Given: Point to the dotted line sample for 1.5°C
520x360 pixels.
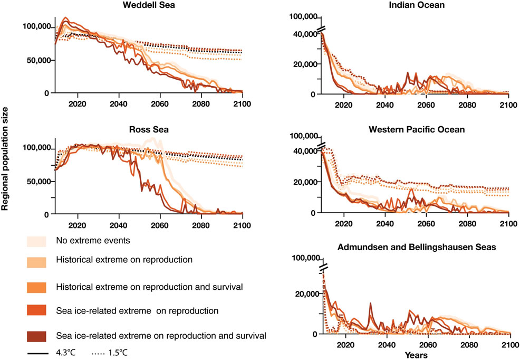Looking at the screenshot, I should [89, 350].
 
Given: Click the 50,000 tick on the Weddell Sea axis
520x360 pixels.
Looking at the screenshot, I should [38, 60].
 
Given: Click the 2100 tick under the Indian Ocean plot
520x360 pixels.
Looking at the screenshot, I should [508, 104].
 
